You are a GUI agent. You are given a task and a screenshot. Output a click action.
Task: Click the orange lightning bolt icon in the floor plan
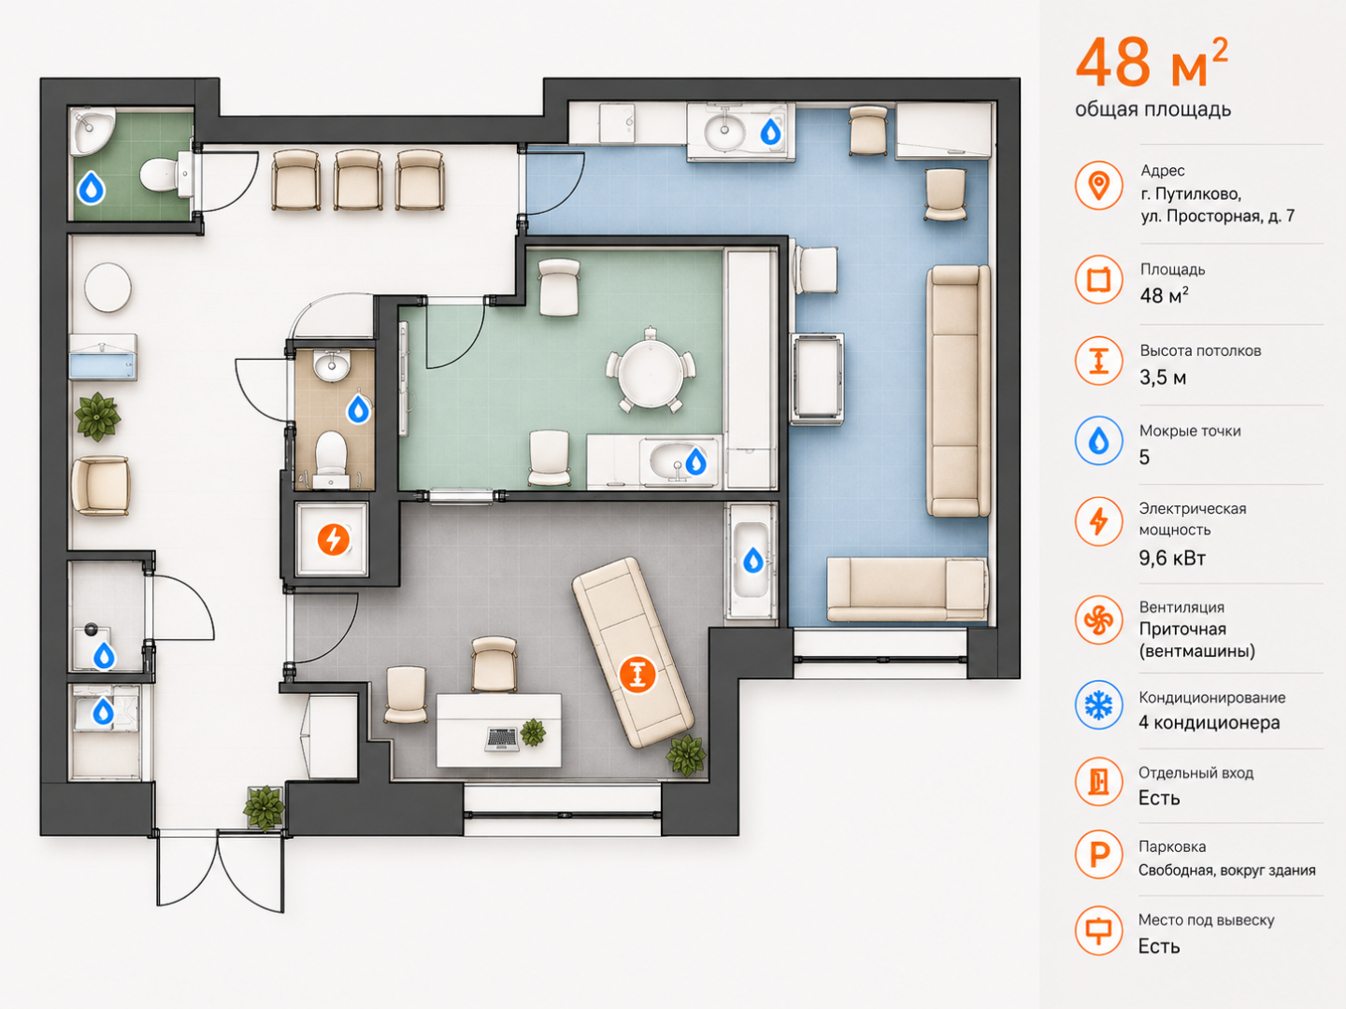coord(334,540)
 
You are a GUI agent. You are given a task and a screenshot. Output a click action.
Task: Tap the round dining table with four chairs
coord(651,371)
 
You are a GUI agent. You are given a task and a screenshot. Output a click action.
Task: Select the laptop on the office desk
coord(502,739)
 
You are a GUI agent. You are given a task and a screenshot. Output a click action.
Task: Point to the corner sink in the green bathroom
coord(91,131)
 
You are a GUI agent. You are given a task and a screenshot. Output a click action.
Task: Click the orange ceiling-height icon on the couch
coord(637,674)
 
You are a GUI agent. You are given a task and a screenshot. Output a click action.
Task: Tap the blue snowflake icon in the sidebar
coord(1098,705)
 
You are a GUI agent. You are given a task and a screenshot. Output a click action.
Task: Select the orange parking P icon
coord(1098,854)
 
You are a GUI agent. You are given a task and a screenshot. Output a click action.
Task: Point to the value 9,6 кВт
coord(1172,558)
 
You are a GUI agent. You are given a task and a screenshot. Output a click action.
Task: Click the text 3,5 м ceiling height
coord(1163,377)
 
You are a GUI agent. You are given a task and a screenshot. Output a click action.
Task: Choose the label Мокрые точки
coord(1190,431)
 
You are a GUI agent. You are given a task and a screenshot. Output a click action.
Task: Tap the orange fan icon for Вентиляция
coord(1098,620)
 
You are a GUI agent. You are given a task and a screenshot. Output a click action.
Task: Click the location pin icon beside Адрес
coord(1098,186)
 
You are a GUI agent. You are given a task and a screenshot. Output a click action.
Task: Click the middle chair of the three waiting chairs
coord(358,180)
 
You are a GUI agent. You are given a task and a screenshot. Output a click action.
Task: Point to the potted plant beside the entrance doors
coord(265,808)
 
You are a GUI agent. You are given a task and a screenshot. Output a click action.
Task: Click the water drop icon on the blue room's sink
coord(770,132)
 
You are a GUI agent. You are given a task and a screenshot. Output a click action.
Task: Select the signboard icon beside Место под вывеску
coord(1098,931)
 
